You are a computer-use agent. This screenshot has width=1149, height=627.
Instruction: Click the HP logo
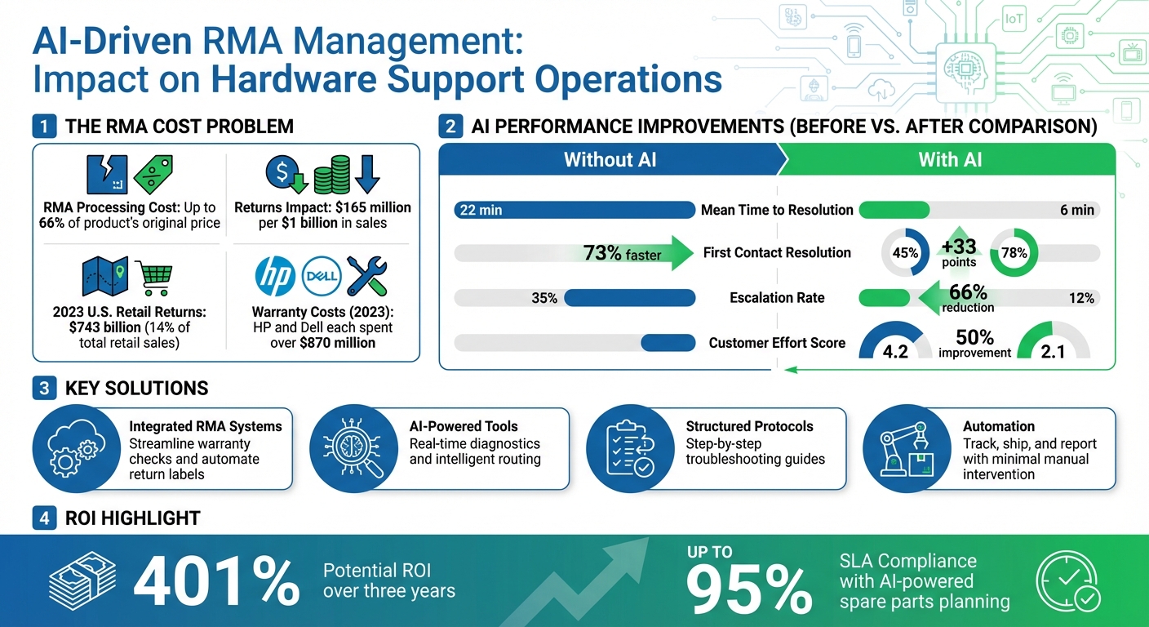[275, 276]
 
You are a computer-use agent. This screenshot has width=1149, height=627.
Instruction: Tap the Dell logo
[322, 276]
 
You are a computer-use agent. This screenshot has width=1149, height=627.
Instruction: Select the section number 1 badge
[44, 127]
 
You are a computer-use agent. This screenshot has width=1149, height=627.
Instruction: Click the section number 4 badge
[44, 518]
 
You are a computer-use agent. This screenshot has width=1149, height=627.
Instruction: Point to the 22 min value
[481, 210]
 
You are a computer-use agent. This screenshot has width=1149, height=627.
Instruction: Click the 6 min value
[1076, 210]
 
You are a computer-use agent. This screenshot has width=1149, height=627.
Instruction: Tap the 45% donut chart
[906, 253]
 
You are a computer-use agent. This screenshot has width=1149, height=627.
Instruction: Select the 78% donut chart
[1014, 253]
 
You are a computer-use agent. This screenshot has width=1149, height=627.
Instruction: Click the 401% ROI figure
[216, 580]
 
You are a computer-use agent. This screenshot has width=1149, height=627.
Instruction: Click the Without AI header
[610, 159]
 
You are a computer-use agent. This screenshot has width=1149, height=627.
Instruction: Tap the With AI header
[949, 159]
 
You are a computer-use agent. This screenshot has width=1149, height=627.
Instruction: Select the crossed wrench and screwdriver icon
[368, 276]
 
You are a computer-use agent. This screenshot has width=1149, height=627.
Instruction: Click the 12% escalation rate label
[1081, 298]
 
